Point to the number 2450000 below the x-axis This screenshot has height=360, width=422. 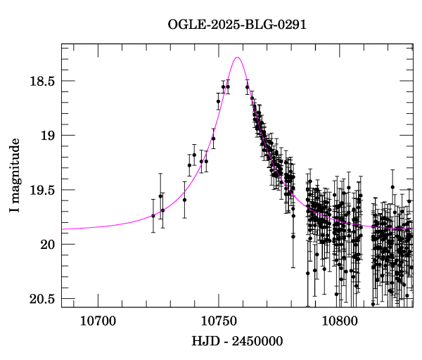(258, 342)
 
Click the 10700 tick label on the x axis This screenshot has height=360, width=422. (96, 321)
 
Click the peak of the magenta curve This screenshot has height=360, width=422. (238, 58)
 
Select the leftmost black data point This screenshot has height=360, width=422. (153, 215)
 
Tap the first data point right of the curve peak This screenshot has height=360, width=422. (247, 87)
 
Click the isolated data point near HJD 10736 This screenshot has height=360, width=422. (184, 200)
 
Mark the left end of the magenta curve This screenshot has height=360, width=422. (62, 229)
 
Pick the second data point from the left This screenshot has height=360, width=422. (160, 195)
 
